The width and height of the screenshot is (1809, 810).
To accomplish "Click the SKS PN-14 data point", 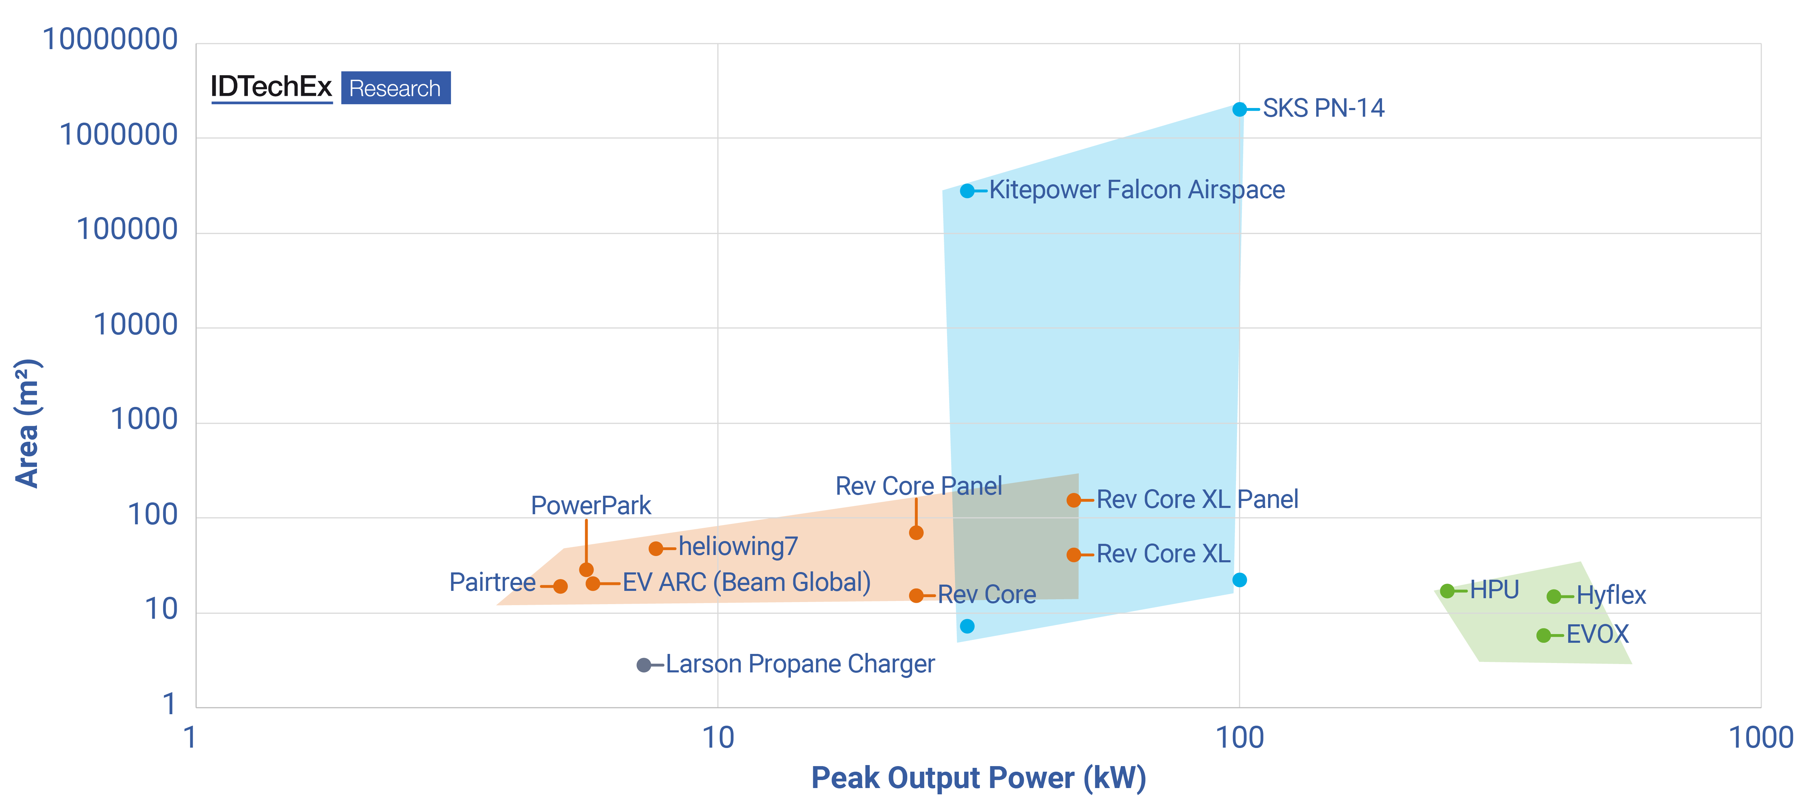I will pyautogui.click(x=1239, y=109).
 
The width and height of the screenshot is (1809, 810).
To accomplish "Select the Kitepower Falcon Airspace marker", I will pyautogui.click(x=967, y=191).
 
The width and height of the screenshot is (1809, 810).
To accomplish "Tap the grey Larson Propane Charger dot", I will pyautogui.click(x=643, y=665).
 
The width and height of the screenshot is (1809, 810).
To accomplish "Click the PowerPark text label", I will pyautogui.click(x=590, y=506).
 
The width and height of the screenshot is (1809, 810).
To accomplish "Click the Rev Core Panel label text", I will pyautogui.click(x=918, y=486).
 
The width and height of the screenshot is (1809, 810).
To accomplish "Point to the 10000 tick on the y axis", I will pyautogui.click(x=136, y=325).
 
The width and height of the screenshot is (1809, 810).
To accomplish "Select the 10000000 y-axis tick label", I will pyautogui.click(x=110, y=39).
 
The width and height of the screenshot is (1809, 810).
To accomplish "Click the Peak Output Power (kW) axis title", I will pyautogui.click(x=978, y=778).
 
